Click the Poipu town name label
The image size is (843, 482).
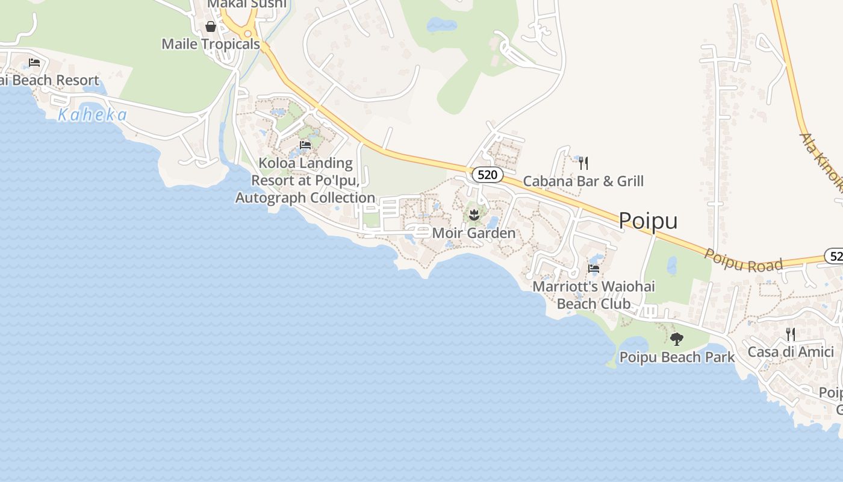click(648, 221)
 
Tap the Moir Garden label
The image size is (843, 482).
click(474, 233)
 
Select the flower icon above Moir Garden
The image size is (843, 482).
click(474, 213)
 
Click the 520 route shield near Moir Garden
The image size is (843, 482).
click(487, 175)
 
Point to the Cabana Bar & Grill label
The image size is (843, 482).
click(583, 181)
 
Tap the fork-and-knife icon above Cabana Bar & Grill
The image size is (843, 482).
click(583, 163)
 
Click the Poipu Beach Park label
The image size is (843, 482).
click(677, 357)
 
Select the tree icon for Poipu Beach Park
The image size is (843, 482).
click(677, 339)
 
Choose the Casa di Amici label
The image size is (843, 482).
click(791, 352)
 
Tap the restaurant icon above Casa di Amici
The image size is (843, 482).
click(791, 334)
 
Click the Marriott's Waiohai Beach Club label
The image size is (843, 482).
click(594, 295)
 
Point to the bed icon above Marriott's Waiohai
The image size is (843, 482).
click(594, 269)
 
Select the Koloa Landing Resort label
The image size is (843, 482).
click(305, 180)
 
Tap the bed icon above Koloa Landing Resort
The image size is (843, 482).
click(305, 145)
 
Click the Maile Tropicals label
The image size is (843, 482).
click(211, 44)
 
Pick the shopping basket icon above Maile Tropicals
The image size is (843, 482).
click(211, 27)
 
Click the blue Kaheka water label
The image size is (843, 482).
click(92, 115)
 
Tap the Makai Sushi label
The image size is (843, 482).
click(247, 4)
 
